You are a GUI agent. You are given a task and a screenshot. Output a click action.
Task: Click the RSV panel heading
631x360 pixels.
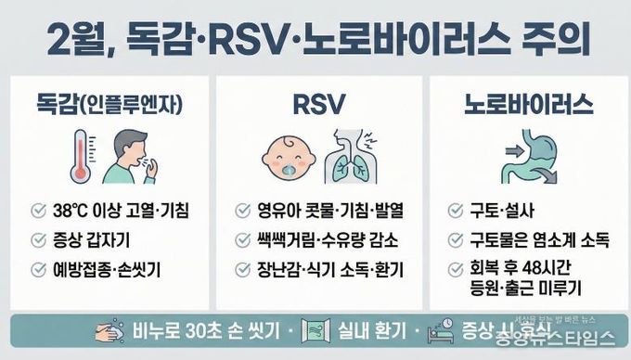pyautogui.click(x=316, y=103)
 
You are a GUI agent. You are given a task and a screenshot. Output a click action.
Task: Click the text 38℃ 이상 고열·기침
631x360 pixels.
pyautogui.click(x=122, y=211)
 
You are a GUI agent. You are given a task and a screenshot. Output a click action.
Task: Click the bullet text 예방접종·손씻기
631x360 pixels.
pyautogui.click(x=110, y=269)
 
